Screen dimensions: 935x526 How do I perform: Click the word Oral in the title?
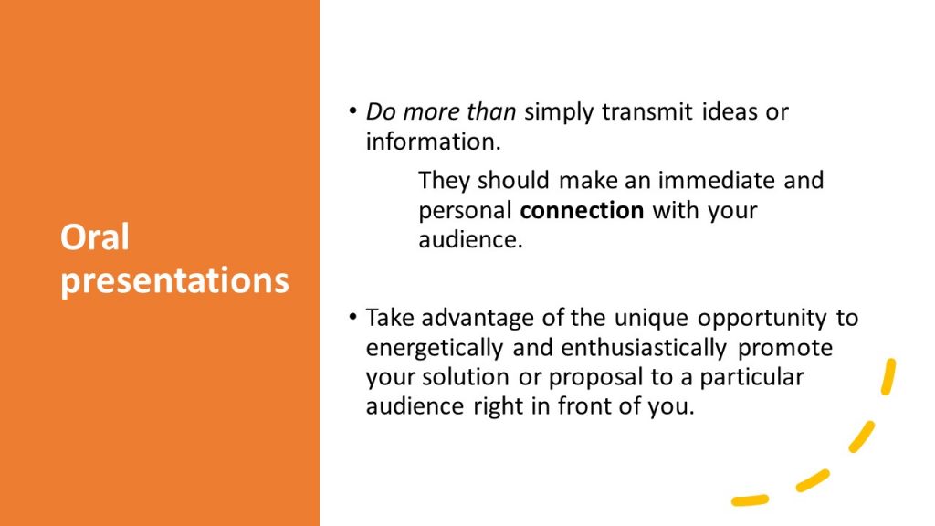(94, 237)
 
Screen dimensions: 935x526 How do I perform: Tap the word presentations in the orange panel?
(174, 281)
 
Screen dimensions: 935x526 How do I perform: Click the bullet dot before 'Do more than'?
(353, 110)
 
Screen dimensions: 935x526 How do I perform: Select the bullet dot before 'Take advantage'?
(353, 316)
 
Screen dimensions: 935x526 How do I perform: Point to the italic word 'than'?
(491, 111)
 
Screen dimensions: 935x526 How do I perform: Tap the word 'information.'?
(434, 142)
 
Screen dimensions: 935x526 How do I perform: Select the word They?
(444, 181)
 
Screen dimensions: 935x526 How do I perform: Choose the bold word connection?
(582, 211)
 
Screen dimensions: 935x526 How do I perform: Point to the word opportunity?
(762, 319)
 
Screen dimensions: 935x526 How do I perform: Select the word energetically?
(435, 348)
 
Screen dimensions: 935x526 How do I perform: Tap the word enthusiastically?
(644, 348)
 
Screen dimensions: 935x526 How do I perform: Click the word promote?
(785, 348)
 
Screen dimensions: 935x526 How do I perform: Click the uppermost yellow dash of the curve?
(889, 376)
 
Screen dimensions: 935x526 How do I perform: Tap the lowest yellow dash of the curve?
(751, 500)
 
